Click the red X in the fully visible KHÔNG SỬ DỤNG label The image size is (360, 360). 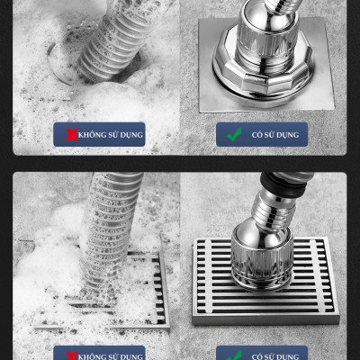(x=72, y=134)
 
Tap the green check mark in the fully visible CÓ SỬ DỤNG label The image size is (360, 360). (x=234, y=134)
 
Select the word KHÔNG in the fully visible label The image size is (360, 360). (x=93, y=135)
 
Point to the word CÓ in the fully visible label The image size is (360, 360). (x=257, y=135)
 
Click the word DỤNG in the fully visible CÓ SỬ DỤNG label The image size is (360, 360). (x=287, y=135)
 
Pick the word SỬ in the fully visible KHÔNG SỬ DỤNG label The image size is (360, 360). (x=113, y=135)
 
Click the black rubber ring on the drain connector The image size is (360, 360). (x=283, y=184)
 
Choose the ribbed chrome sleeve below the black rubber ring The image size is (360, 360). (x=273, y=207)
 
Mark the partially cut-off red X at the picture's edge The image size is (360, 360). (x=72, y=355)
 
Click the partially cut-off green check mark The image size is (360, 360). (x=234, y=355)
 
